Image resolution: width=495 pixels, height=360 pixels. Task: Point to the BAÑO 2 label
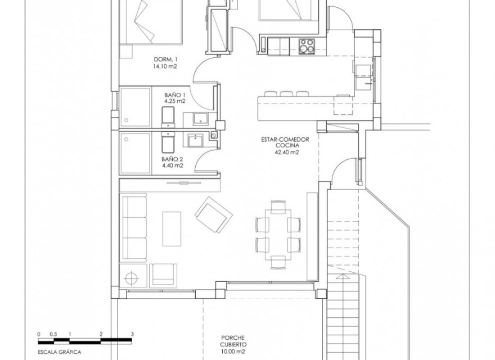tap(173, 159)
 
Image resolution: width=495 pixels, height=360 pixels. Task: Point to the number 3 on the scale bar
tap(132, 334)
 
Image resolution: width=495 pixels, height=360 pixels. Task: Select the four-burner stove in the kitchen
tap(307, 46)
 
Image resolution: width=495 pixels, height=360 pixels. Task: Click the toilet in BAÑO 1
tap(168, 117)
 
